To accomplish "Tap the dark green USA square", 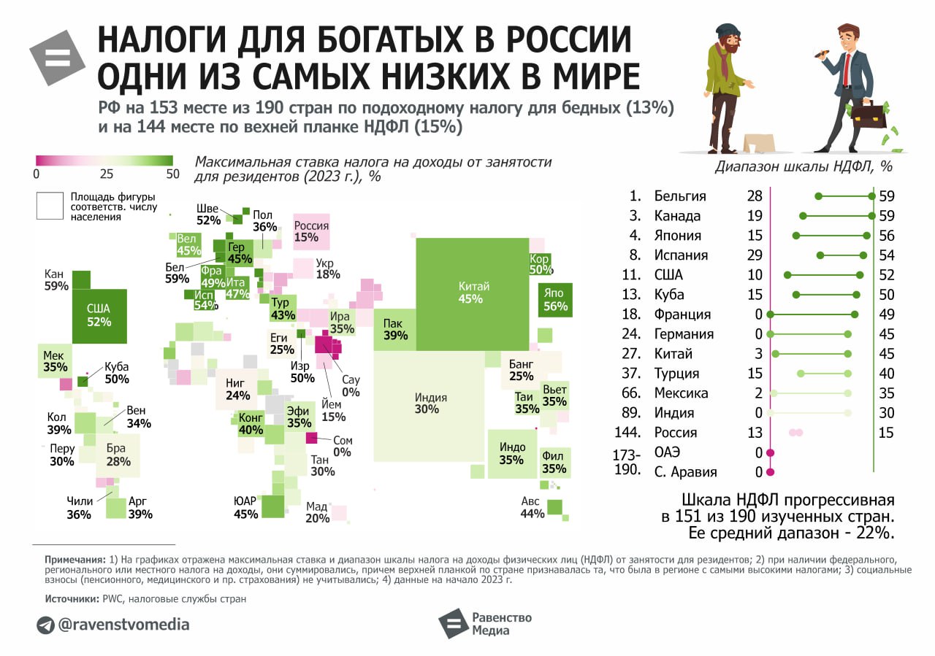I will coord(99,315).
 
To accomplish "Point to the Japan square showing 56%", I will coord(554,299).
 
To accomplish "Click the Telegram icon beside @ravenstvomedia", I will coord(45,625).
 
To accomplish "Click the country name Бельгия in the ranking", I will coord(680,196).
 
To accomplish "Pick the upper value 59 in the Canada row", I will coord(887,216).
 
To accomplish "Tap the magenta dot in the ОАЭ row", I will coord(770,452).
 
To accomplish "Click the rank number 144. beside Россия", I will coord(628,433).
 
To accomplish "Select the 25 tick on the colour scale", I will coord(107,174).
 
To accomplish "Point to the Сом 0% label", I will coord(343,446).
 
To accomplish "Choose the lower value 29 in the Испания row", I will coord(755,255).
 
